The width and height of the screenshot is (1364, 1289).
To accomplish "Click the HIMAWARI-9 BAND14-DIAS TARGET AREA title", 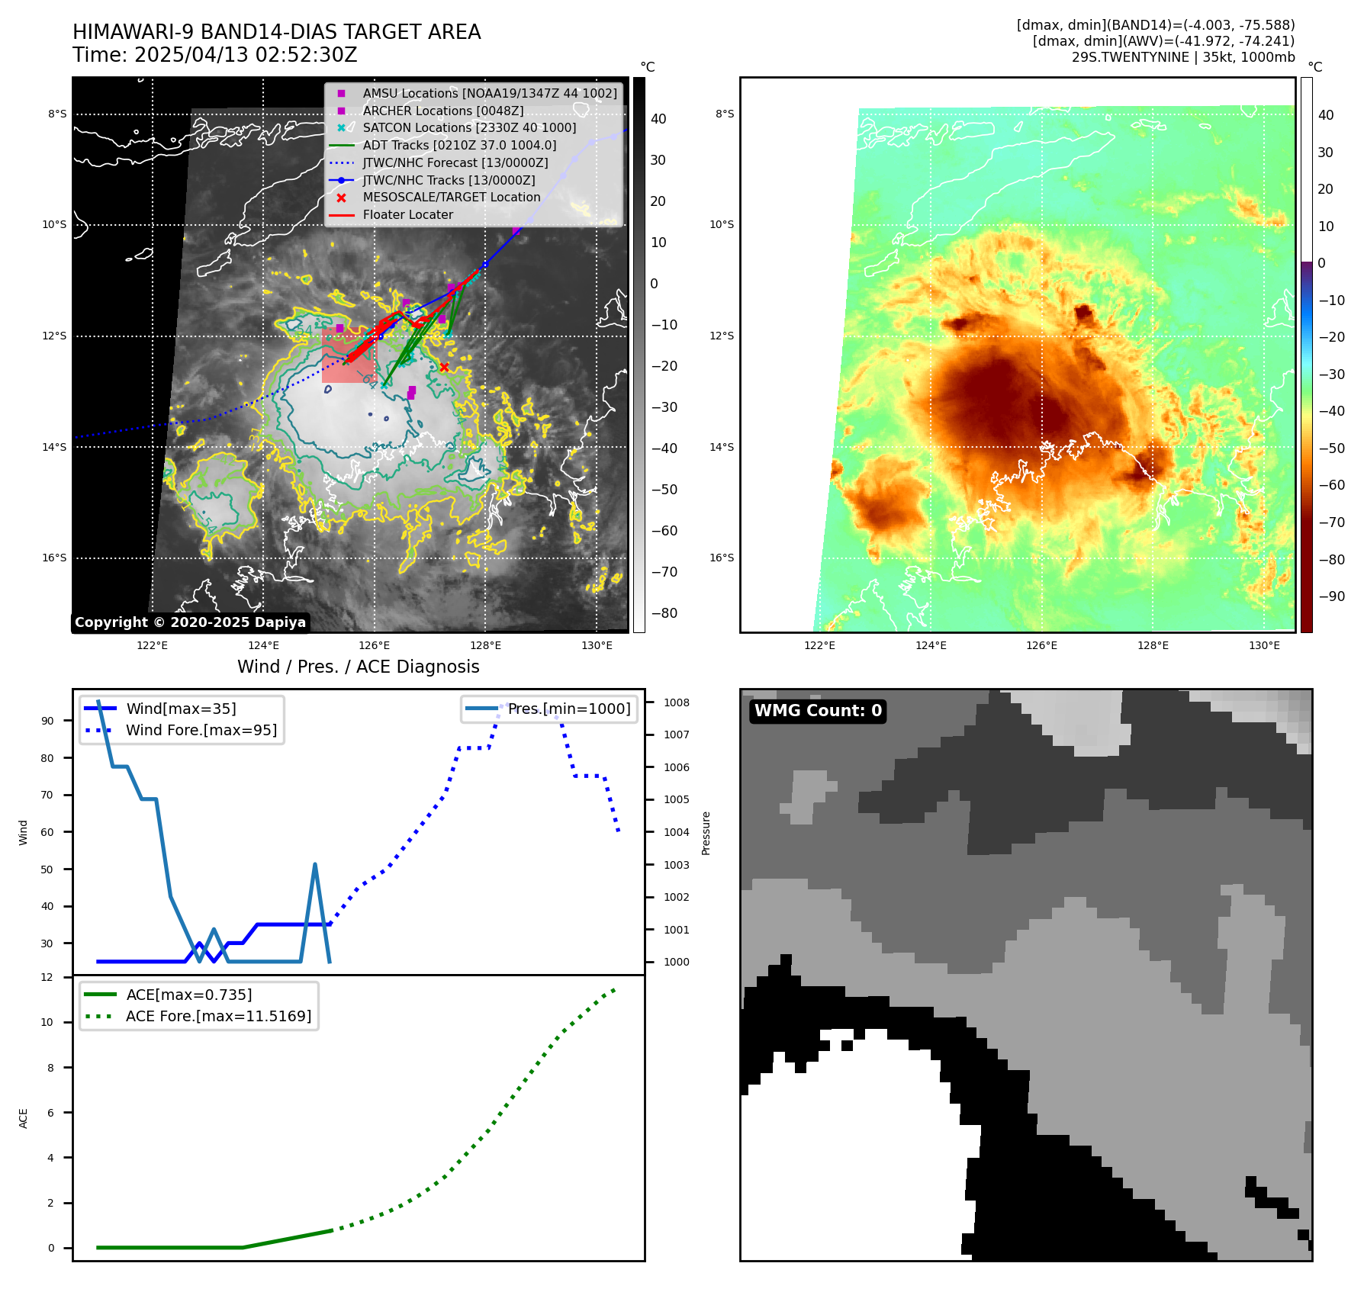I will [276, 32].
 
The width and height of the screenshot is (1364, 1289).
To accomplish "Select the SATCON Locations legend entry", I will [468, 128].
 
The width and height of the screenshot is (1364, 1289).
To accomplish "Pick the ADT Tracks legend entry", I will [459, 146].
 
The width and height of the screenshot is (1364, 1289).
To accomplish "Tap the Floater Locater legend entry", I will [407, 215].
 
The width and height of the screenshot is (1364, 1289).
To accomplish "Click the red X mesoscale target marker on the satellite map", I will [444, 367].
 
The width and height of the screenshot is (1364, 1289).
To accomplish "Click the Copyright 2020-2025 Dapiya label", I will [190, 622].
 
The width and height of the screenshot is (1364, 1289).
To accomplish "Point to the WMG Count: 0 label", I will [818, 711].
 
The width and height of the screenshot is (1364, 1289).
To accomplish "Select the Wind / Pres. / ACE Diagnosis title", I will [359, 667].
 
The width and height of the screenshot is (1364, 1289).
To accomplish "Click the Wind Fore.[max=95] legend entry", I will [201, 731].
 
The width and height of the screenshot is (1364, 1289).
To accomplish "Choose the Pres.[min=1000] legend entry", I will [569, 709].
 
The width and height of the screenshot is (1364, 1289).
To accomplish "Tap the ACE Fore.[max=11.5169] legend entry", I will [218, 1017].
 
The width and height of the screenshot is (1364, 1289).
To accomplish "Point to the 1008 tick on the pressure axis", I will [676, 702].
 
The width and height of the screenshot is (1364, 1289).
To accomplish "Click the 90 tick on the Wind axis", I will [47, 721].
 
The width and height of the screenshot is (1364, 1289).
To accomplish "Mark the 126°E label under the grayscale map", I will [375, 646].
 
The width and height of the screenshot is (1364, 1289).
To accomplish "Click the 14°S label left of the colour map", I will [722, 447].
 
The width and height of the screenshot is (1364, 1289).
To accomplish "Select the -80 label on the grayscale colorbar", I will [664, 613].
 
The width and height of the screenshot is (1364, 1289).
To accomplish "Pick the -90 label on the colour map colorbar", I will [1332, 596].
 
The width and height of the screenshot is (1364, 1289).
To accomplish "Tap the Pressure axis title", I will [706, 833].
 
